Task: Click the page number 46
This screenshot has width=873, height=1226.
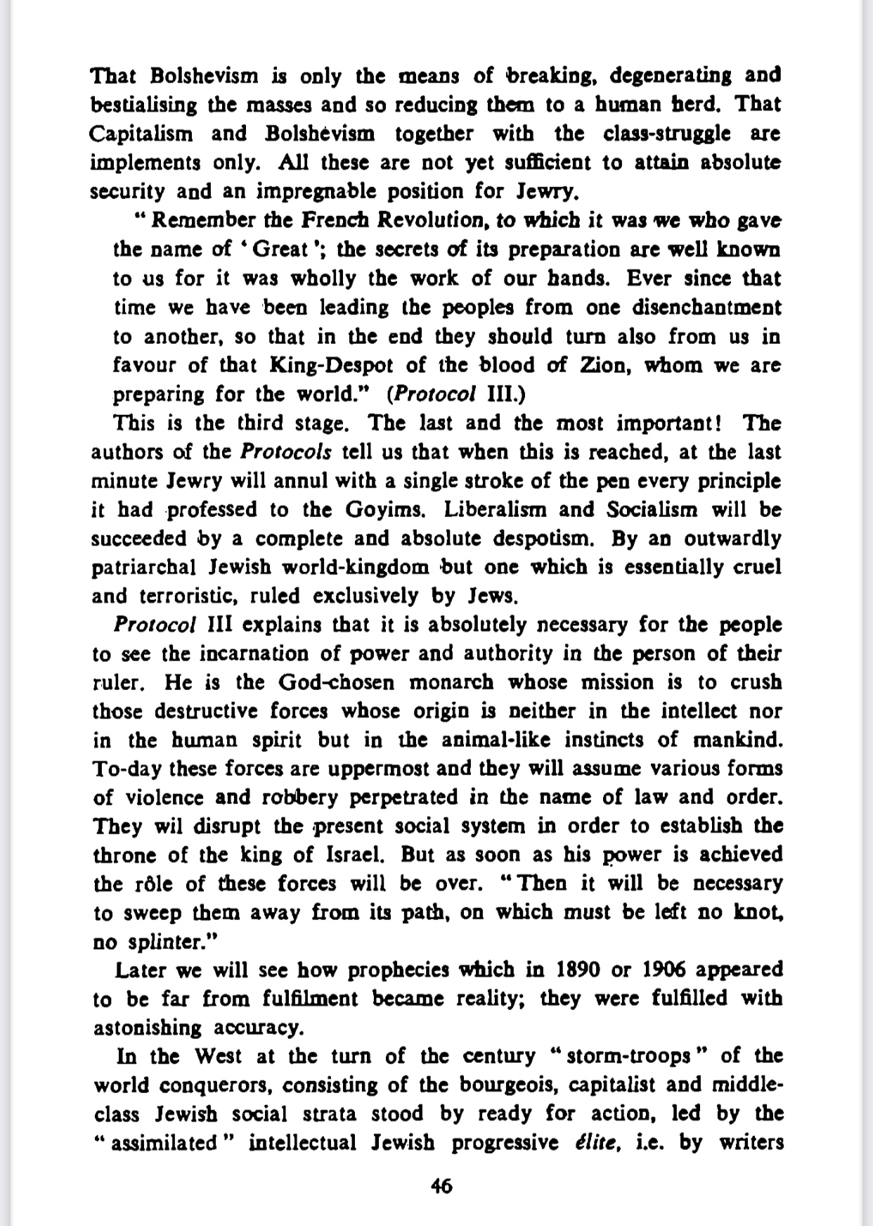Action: click(441, 1187)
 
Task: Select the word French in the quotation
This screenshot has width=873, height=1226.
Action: click(336, 221)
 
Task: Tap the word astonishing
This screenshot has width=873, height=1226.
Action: click(148, 1028)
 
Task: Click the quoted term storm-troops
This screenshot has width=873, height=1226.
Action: click(628, 1056)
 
